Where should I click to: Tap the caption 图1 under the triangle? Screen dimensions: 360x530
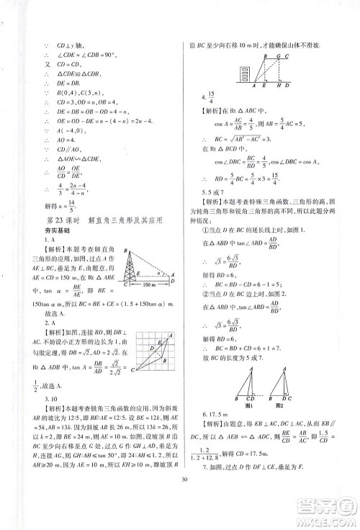(247, 395)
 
